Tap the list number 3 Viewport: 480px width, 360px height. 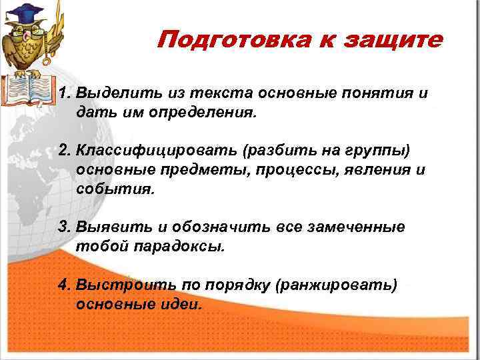(x=64, y=227)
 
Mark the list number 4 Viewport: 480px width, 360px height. (x=64, y=285)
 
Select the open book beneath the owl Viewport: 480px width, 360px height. (x=27, y=90)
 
